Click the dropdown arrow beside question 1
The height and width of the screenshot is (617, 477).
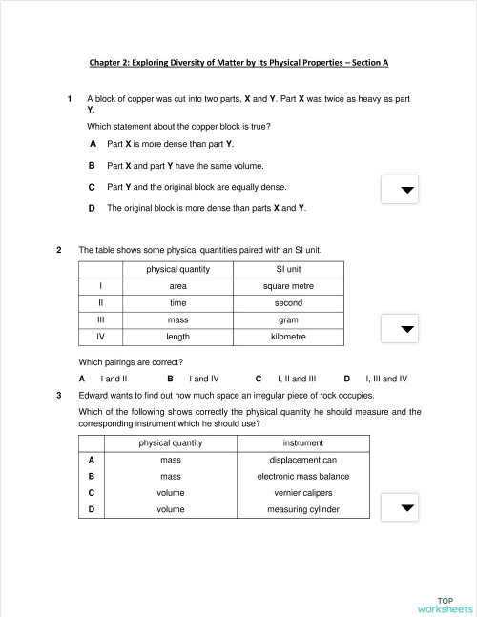point(407,190)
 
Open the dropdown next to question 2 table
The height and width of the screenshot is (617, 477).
point(407,329)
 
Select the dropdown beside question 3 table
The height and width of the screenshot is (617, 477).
point(407,507)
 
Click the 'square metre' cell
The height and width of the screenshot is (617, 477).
point(288,286)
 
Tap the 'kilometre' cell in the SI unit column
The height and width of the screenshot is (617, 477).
point(288,337)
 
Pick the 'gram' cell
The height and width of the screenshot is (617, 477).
point(288,320)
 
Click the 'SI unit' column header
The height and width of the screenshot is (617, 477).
point(288,269)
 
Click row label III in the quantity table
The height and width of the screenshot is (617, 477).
point(100,320)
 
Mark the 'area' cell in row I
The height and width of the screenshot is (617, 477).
point(177,286)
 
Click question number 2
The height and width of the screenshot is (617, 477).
point(60,250)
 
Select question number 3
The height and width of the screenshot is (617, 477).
point(60,395)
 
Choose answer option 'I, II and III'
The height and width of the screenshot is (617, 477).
point(296,378)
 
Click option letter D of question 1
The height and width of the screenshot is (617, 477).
point(92,207)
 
